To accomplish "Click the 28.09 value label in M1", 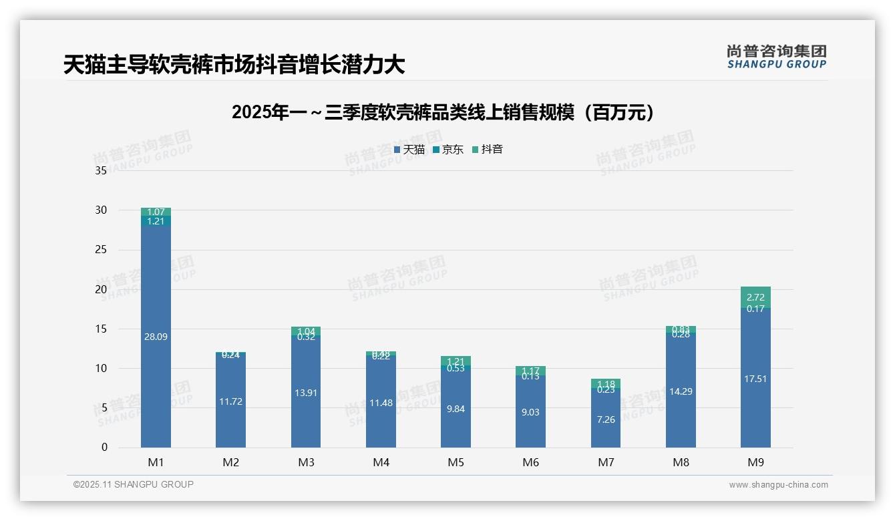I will [x=156, y=337].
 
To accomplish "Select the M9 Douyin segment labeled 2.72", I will [x=755, y=297].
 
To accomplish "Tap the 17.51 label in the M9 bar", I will [x=755, y=379].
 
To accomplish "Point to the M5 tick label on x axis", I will [x=456, y=462].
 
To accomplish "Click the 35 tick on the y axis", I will [x=101, y=170].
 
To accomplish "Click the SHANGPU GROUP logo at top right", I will [x=776, y=56].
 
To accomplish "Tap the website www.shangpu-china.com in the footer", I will [x=778, y=485].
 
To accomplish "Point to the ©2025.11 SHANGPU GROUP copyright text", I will [x=134, y=485].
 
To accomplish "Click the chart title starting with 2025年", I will [x=442, y=112].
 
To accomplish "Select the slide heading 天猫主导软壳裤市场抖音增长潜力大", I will [x=234, y=65].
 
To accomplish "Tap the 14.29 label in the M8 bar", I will [x=681, y=391].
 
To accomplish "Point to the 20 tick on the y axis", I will [x=101, y=289].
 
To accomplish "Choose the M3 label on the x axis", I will [x=306, y=462].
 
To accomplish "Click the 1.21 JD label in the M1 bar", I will [x=156, y=221].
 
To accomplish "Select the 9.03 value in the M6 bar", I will [x=530, y=412].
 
